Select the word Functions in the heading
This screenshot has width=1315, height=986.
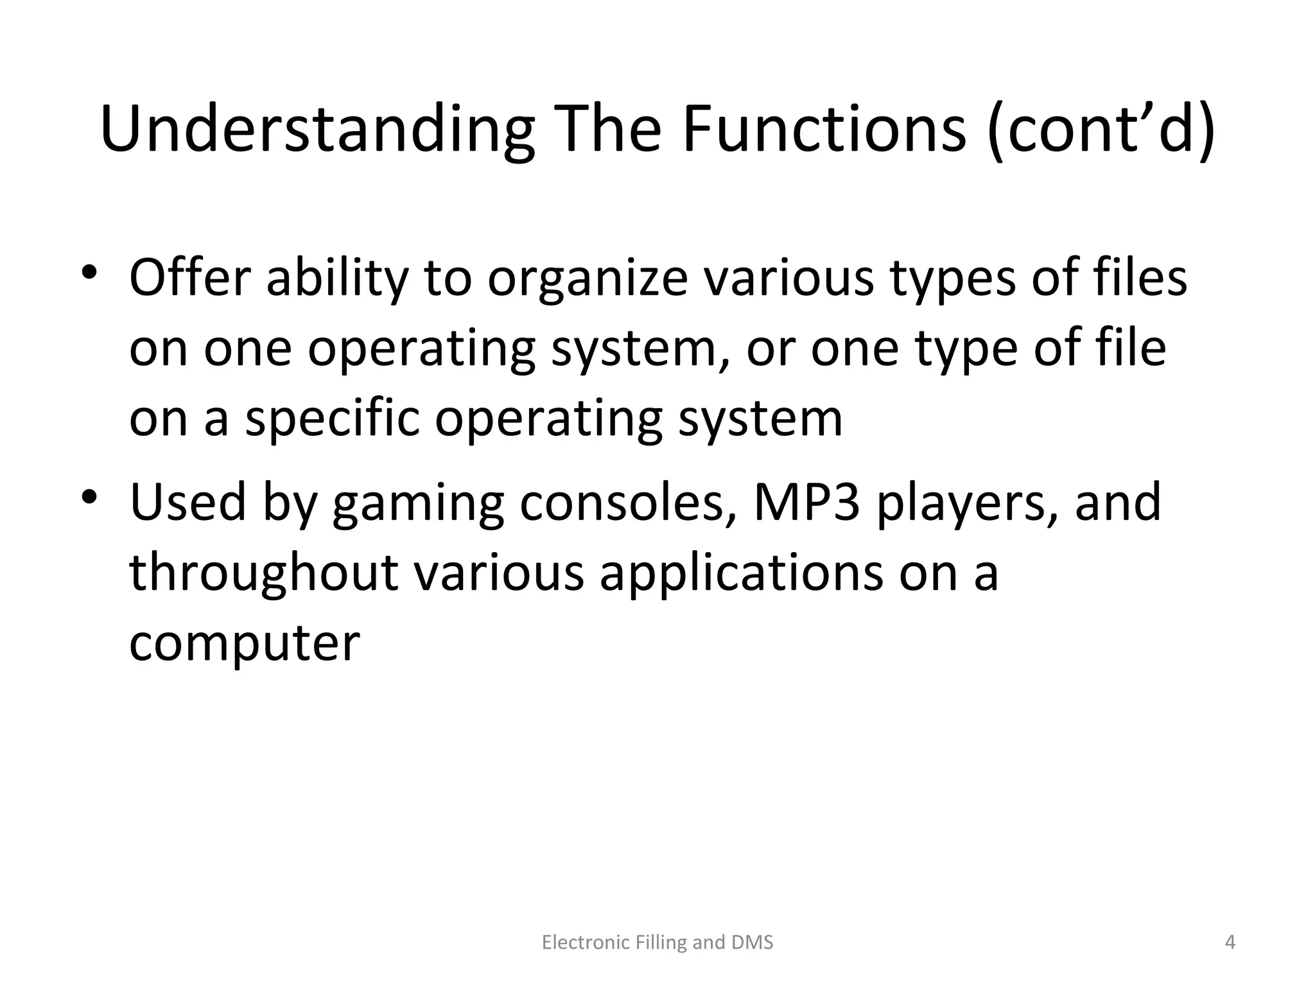point(824,130)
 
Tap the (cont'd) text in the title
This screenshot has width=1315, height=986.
point(1101,130)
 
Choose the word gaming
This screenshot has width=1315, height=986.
point(418,505)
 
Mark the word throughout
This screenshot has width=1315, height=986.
point(263,573)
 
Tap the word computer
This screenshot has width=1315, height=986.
point(245,644)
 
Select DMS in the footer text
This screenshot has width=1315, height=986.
point(752,942)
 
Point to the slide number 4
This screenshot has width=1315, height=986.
point(1230,942)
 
